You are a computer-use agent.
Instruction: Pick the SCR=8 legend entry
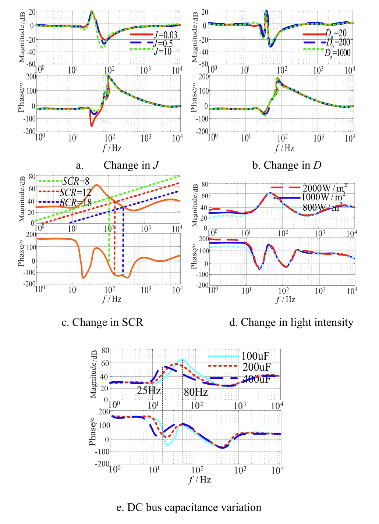[76, 181]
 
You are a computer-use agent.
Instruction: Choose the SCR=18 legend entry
[76, 203]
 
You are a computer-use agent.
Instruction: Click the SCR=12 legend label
[75, 192]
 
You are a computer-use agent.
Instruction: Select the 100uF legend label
[255, 356]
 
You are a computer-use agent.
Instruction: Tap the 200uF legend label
[256, 367]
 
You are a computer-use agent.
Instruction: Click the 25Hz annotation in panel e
[149, 391]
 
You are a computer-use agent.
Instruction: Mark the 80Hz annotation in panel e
[196, 392]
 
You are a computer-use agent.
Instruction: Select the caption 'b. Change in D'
[287, 165]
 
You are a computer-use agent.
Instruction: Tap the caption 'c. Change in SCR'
[102, 322]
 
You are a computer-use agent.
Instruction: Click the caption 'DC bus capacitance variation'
[189, 507]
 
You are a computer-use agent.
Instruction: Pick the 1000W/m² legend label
[323, 197]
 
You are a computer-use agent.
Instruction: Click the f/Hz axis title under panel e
[200, 480]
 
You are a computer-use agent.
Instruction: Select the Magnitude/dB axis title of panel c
[22, 199]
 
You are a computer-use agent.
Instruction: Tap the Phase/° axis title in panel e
[93, 431]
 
